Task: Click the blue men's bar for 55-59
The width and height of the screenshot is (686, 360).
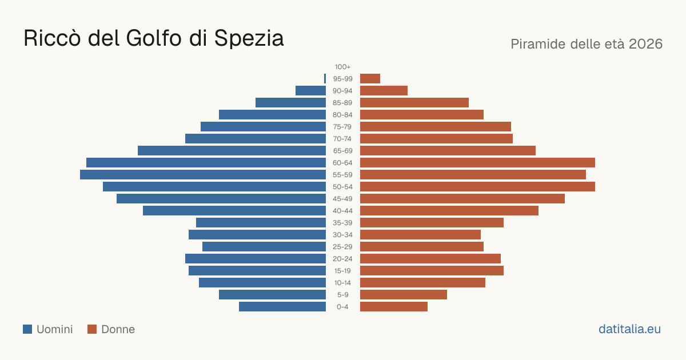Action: tap(203, 174)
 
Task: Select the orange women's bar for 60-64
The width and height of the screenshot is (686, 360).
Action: tap(477, 162)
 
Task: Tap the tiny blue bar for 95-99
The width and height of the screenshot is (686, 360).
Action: tap(325, 79)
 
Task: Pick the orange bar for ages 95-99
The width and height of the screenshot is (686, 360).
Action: tap(370, 79)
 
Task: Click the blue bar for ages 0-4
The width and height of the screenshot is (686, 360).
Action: tap(282, 307)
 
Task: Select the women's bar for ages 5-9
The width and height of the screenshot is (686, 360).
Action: tap(404, 295)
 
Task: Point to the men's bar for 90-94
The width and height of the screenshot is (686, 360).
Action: tap(310, 91)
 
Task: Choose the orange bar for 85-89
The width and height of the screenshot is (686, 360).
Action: tap(414, 102)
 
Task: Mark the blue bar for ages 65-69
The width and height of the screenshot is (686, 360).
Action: tap(232, 151)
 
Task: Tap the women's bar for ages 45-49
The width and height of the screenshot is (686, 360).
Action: tap(462, 199)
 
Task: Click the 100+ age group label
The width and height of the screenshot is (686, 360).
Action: tap(342, 67)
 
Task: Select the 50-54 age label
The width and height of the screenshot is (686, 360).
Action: tap(342, 187)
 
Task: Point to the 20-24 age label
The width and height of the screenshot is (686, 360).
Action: tap(342, 259)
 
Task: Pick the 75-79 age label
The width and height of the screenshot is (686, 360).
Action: tap(342, 127)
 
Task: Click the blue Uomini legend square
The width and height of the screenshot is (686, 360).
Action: tap(27, 329)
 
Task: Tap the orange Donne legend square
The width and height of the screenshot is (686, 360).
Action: tap(92, 329)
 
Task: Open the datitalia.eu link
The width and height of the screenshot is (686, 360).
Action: tap(629, 329)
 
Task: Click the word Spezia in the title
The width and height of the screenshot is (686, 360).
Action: tap(249, 39)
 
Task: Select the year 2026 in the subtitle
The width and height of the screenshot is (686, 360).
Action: tap(646, 44)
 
